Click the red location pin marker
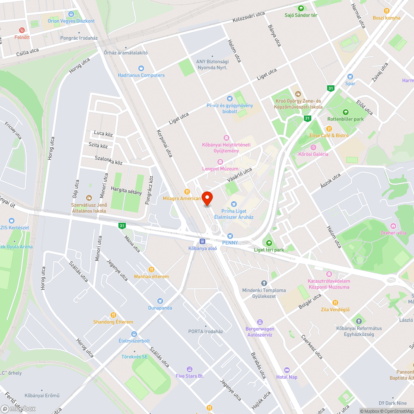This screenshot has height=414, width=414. pyautogui.click(x=207, y=198)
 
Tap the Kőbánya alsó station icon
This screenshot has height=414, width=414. pyautogui.click(x=202, y=241)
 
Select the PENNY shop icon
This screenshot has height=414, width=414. pyautogui.click(x=230, y=236)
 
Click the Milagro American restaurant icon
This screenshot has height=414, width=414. pyautogui.click(x=187, y=192)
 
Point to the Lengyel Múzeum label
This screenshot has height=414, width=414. pyautogui.click(x=220, y=169)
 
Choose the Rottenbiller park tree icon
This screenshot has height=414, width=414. pyautogui.click(x=346, y=112)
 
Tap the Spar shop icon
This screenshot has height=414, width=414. pyautogui.click(x=350, y=76)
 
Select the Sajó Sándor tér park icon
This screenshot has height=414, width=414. pyautogui.click(x=301, y=8)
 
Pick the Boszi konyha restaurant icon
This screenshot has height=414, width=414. pyautogui.click(x=387, y=11)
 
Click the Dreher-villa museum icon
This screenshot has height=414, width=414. pyautogui.click(x=393, y=226)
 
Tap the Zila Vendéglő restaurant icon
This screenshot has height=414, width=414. pyautogui.click(x=335, y=302)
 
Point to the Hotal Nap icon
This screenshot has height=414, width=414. pyautogui.click(x=287, y=370)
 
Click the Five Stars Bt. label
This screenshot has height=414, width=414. pyautogui.click(x=190, y=376)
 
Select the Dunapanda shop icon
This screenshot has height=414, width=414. pyautogui.click(x=160, y=301)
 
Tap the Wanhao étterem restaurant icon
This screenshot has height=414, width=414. pyautogui.click(x=151, y=269)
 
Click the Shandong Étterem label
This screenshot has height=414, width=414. pyautogui.click(x=113, y=322)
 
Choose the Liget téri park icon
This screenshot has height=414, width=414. pyautogui.click(x=269, y=243)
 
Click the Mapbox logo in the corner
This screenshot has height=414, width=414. pyautogui.click(x=19, y=409)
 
